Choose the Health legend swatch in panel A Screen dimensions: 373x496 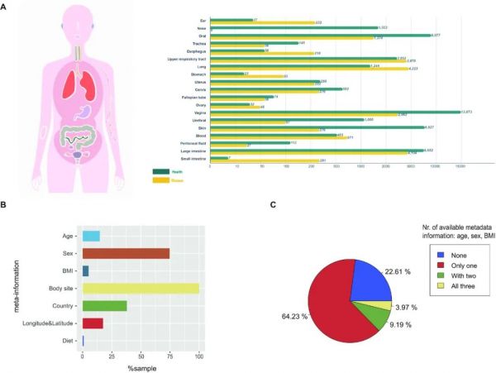click(x=163, y=172)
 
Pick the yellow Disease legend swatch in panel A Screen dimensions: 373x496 click(x=163, y=179)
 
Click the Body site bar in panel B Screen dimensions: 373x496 click(x=141, y=289)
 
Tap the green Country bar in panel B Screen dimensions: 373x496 click(x=104, y=305)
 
